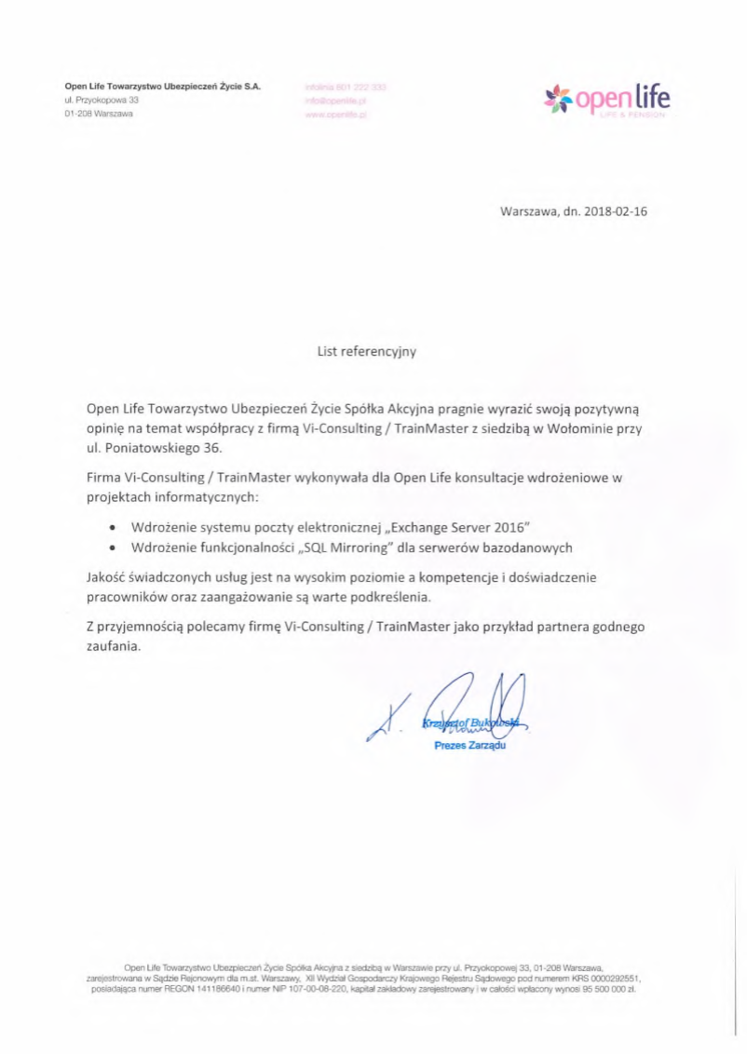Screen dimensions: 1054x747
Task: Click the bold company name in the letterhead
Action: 163,85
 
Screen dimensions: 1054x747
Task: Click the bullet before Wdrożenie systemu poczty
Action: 113,527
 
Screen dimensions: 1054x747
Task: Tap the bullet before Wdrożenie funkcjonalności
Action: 113,548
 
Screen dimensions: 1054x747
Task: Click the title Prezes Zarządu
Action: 469,746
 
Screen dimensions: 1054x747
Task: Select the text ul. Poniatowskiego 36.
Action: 154,450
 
